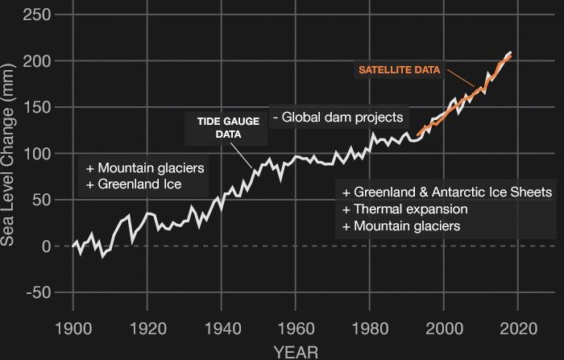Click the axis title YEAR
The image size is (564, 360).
[x=295, y=351]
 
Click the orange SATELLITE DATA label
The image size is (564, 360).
[x=399, y=70]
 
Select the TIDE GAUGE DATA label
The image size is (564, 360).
[x=217, y=127]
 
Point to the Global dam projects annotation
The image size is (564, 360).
[x=338, y=118]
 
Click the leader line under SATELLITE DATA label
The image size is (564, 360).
[x=460, y=78]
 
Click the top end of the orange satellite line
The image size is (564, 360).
[x=511, y=56]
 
